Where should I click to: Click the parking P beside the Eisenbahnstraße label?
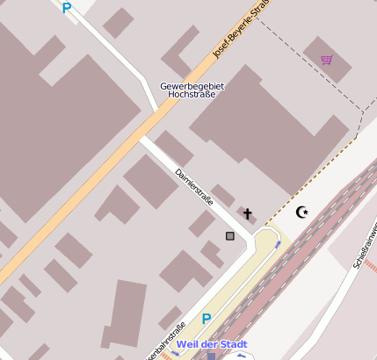(x=207, y=320)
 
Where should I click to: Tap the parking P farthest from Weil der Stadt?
(x=66, y=8)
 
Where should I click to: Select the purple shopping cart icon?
(x=327, y=60)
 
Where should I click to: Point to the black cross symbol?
(x=248, y=213)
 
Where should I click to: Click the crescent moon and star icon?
(x=302, y=212)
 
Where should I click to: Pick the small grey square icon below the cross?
(x=230, y=235)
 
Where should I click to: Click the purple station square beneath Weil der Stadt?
(x=211, y=356)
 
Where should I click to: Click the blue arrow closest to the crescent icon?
(x=279, y=243)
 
